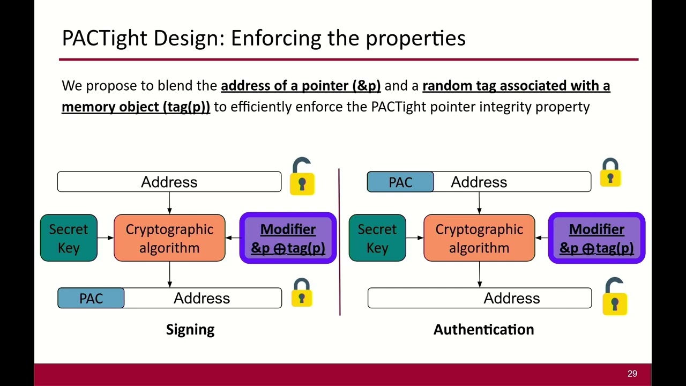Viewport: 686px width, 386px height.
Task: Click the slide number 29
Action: (632, 374)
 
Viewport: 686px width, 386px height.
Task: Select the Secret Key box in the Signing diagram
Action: (69, 238)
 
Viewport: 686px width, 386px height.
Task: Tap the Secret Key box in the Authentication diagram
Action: (377, 238)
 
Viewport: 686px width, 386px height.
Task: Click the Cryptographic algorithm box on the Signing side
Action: (169, 238)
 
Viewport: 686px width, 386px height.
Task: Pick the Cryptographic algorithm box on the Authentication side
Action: (479, 238)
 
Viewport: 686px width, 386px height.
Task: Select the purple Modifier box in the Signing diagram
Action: (288, 238)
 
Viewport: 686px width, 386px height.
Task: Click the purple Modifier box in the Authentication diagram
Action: (596, 238)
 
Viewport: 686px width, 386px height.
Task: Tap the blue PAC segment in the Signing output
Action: (91, 298)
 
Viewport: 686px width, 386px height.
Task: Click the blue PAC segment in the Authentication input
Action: (400, 182)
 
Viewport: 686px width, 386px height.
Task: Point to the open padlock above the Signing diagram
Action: (302, 177)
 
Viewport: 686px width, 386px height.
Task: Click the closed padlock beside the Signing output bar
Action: (302, 293)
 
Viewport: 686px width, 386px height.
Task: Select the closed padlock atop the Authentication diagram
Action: (610, 173)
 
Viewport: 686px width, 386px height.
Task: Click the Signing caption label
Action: (190, 329)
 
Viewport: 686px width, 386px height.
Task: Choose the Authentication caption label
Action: (483, 329)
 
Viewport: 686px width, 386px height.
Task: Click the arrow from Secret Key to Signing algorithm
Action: (106, 238)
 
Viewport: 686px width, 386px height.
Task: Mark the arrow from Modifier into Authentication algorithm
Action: (541, 238)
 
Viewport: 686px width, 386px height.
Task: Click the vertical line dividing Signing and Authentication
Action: (339, 241)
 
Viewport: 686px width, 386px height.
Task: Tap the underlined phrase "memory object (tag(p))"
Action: (136, 107)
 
